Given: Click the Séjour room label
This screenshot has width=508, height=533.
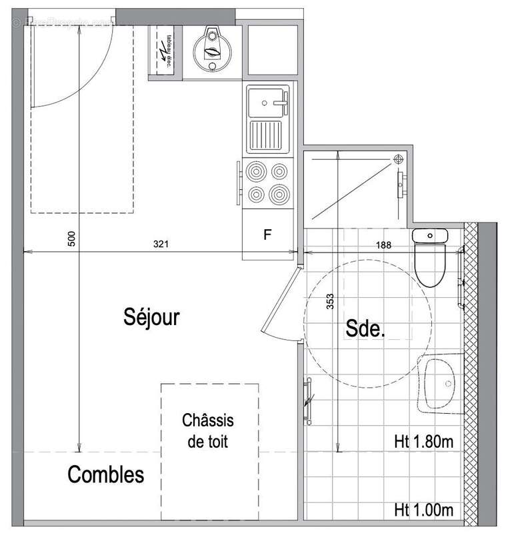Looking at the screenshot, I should point(151,317).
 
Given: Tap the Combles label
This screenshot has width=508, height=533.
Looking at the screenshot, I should point(106,475).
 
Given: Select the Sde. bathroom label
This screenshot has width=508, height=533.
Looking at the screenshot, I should point(365,328).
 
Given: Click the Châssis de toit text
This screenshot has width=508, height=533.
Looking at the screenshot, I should point(209,431).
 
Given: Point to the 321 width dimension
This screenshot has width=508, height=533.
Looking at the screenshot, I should point(161,245).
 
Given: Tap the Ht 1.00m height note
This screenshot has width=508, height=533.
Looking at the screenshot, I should point(424,510).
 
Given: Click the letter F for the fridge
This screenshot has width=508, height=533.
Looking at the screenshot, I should point(267,235).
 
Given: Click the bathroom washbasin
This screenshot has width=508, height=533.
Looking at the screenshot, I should point(440,384).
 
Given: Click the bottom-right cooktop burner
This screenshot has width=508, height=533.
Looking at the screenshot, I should point(279,194).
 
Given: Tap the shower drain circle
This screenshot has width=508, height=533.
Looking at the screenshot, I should point(398,159).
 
